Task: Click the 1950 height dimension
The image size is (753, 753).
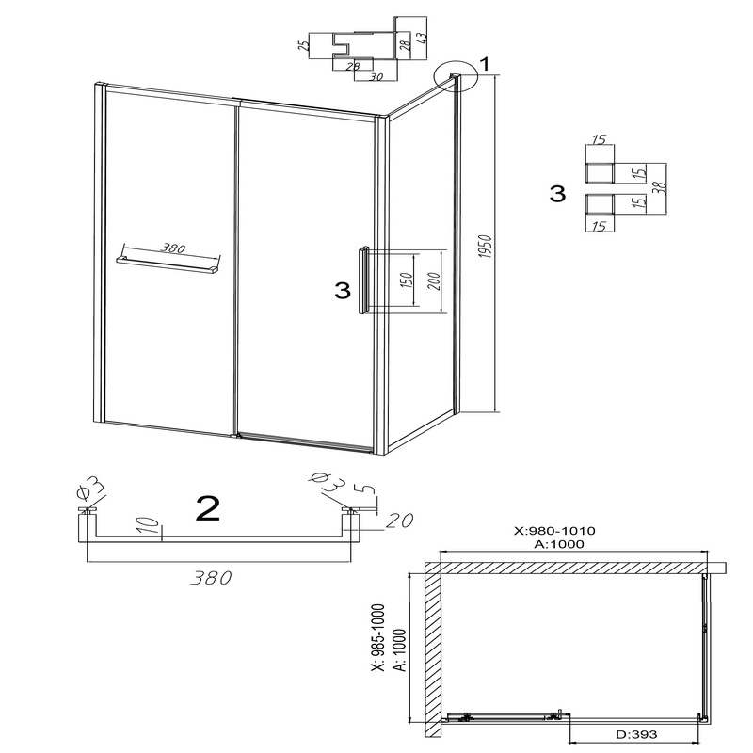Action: pyautogui.click(x=486, y=247)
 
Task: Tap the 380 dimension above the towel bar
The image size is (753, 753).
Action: pyautogui.click(x=172, y=248)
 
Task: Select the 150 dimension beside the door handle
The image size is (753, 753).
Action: pyautogui.click(x=407, y=280)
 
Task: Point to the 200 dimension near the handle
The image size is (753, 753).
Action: pyautogui.click(x=434, y=280)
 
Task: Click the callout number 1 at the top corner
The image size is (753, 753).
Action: pyautogui.click(x=485, y=64)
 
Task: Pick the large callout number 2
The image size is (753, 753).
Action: pyautogui.click(x=208, y=508)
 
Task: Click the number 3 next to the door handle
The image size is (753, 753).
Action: pyautogui.click(x=343, y=291)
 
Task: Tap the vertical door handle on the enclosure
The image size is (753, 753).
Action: pyautogui.click(x=363, y=280)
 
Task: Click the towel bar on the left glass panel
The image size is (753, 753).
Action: pyautogui.click(x=167, y=265)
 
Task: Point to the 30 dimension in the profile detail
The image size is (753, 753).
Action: pyautogui.click(x=376, y=76)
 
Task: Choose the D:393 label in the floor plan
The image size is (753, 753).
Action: pyautogui.click(x=637, y=734)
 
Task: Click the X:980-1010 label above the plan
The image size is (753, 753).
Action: pyautogui.click(x=554, y=531)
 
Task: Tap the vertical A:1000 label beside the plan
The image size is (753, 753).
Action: pyautogui.click(x=399, y=649)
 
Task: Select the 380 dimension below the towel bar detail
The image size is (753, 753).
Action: pyautogui.click(x=211, y=578)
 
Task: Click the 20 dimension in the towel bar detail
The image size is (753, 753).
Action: pyautogui.click(x=397, y=521)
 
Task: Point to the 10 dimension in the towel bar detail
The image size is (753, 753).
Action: pyautogui.click(x=150, y=525)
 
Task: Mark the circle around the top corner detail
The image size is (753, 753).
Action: pyautogui.click(x=456, y=76)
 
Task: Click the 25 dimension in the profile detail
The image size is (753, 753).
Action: pyautogui.click(x=303, y=45)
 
